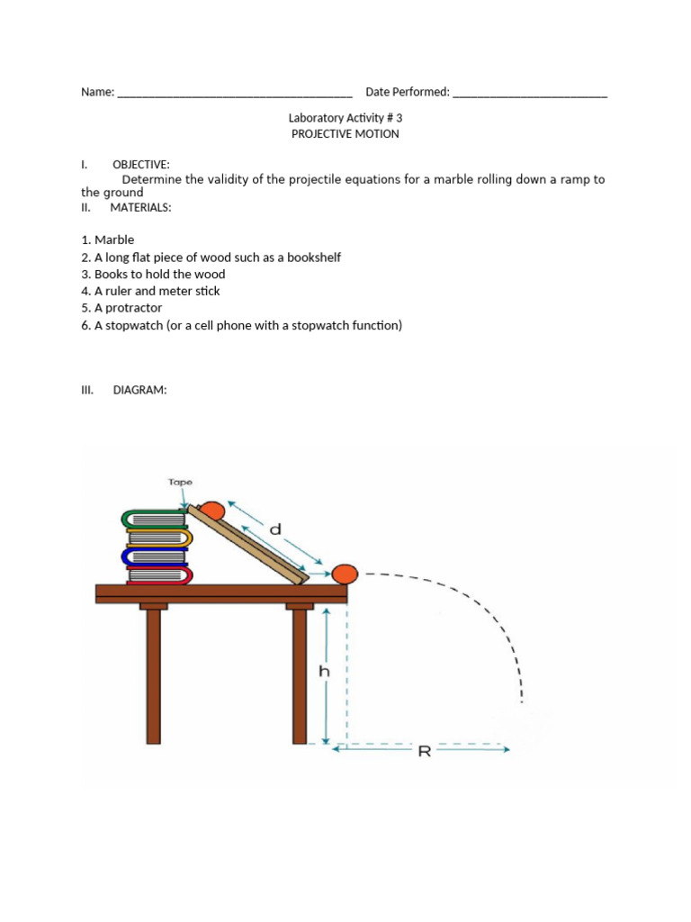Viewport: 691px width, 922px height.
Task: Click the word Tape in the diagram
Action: tap(180, 482)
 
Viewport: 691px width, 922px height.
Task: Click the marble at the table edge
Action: tap(345, 574)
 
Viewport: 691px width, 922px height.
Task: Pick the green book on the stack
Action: tap(155, 520)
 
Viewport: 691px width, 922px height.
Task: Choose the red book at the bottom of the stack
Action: tap(158, 575)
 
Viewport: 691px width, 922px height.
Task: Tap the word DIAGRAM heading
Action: tap(140, 391)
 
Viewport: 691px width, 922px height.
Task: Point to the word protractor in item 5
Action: tap(133, 308)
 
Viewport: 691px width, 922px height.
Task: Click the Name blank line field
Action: tap(235, 92)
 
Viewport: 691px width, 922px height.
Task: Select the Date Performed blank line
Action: tap(530, 92)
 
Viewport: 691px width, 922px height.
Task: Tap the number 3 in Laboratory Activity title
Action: tap(411, 118)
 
